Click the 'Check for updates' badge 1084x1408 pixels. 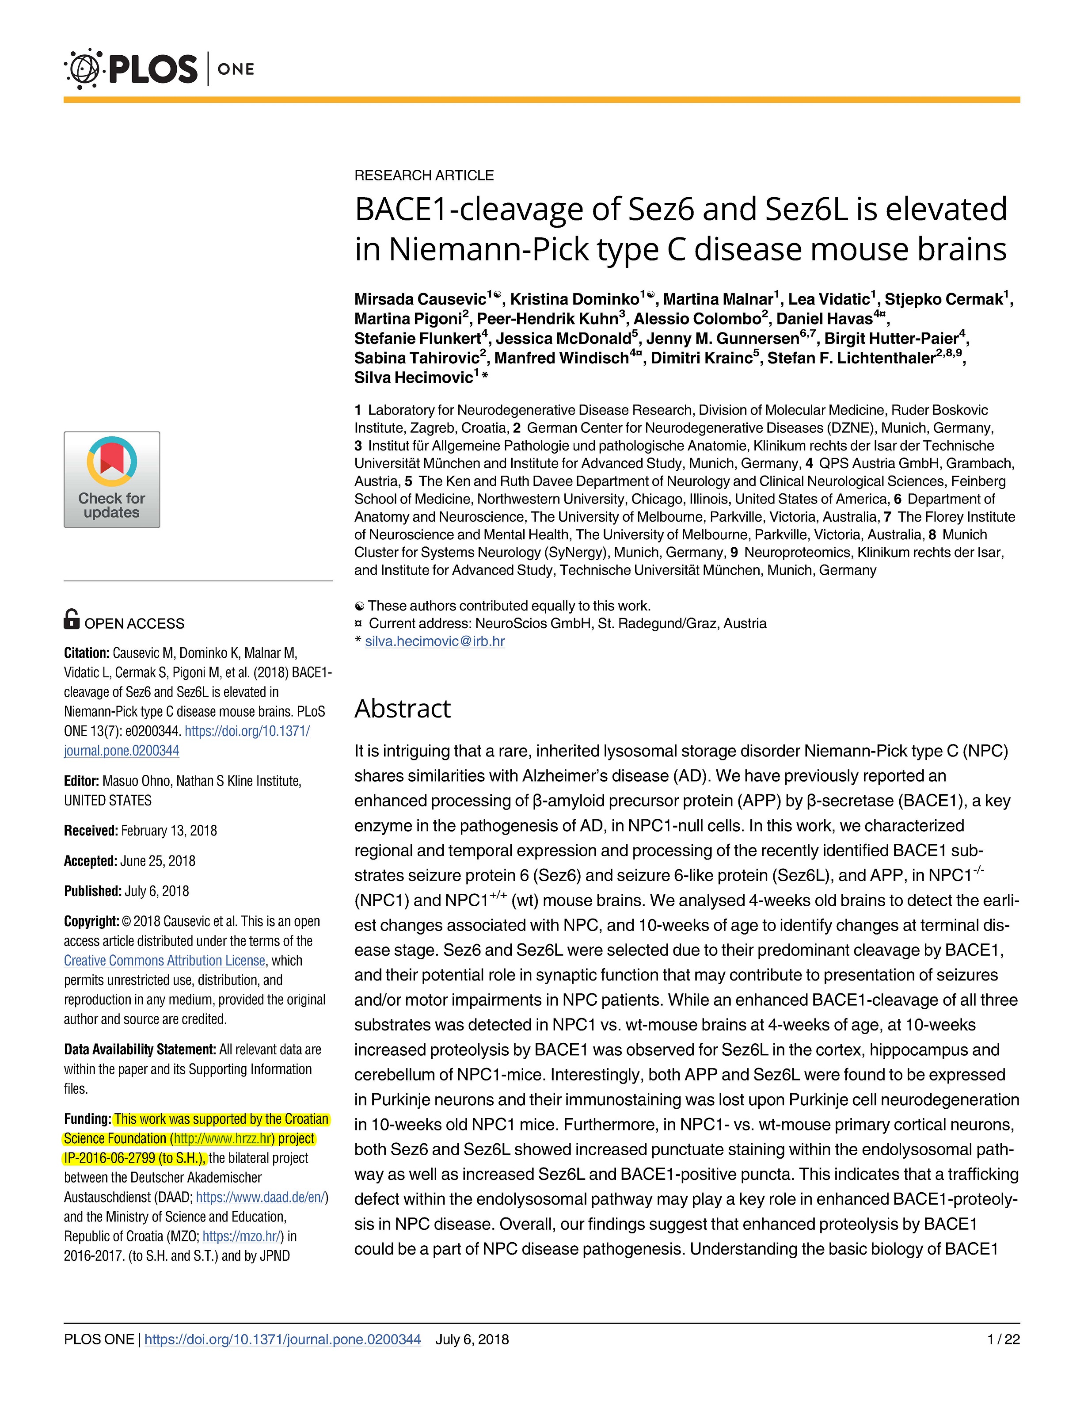[111, 480]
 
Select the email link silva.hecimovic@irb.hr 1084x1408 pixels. [434, 641]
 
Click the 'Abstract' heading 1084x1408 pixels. [402, 709]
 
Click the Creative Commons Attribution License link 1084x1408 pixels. [164, 961]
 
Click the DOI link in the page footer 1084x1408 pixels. [282, 1339]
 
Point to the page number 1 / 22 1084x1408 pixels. [1004, 1339]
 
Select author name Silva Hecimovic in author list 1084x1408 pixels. [413, 378]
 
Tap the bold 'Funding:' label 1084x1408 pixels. [87, 1119]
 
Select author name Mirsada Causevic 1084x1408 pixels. [419, 299]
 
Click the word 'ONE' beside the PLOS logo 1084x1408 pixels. [236, 69]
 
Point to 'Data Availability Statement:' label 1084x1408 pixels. [139, 1049]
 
